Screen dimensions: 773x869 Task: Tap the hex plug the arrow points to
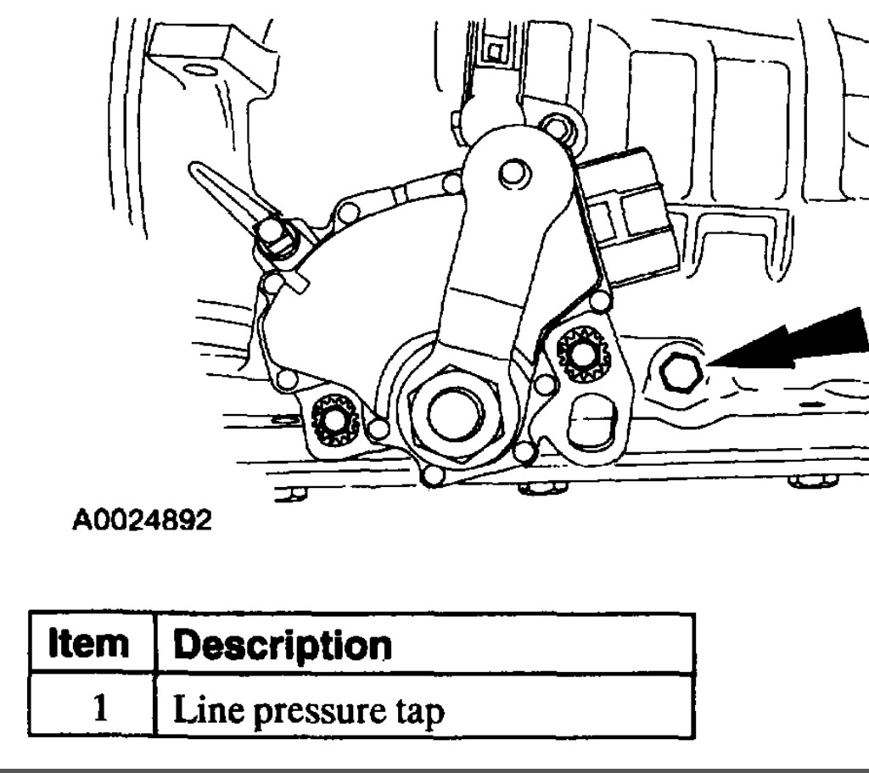(679, 372)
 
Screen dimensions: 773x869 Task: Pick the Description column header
(283, 645)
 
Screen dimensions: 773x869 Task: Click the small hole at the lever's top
(512, 175)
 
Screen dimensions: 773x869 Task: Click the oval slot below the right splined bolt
(593, 417)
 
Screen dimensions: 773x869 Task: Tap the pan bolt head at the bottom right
(812, 481)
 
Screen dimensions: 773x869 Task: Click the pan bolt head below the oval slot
(541, 487)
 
